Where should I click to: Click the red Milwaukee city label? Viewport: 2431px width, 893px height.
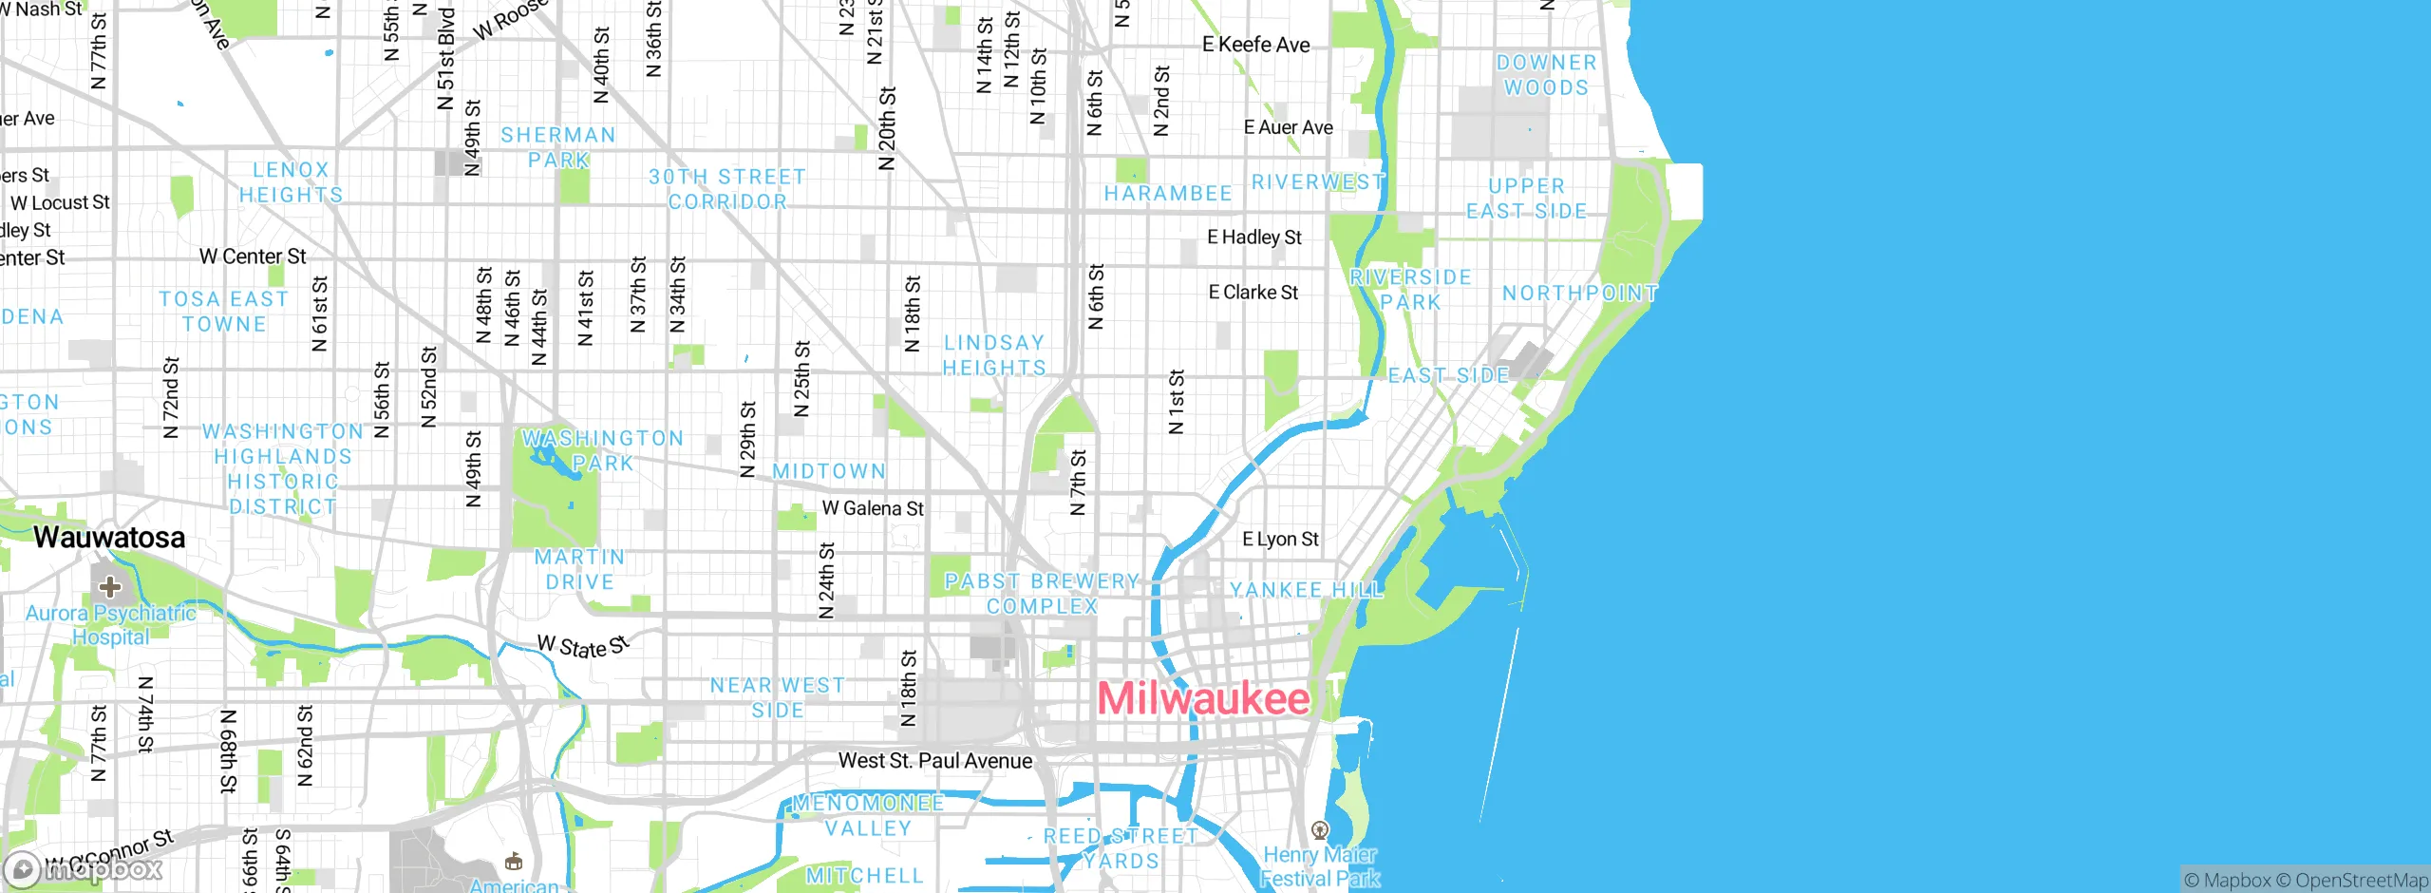point(1203,699)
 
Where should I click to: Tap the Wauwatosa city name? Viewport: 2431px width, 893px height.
point(109,538)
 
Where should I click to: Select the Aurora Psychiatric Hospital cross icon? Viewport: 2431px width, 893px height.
point(110,586)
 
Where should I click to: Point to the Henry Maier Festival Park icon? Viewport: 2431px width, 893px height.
point(1320,831)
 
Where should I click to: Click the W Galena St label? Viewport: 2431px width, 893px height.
point(873,509)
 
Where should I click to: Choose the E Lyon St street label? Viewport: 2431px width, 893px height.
point(1280,540)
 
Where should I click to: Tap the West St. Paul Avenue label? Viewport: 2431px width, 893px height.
point(934,761)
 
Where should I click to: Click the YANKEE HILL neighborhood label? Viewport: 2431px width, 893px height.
point(1307,590)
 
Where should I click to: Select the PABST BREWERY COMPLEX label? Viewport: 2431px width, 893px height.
point(1042,594)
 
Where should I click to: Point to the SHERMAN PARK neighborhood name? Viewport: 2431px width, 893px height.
point(558,147)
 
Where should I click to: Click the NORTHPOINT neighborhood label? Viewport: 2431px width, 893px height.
point(1579,294)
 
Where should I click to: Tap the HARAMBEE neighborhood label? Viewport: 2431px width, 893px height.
point(1167,194)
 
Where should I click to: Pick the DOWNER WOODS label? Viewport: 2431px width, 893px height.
point(1546,75)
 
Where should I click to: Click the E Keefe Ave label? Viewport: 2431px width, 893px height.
point(1255,45)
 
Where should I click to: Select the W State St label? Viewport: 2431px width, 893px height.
point(583,647)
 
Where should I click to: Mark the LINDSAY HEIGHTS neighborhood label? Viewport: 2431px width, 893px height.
point(994,355)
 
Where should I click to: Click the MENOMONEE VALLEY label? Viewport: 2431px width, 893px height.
point(868,815)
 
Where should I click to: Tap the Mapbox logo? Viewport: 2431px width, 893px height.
point(84,868)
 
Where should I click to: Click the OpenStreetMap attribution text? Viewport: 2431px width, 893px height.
point(2361,881)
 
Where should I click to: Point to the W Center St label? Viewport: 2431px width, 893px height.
point(253,256)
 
